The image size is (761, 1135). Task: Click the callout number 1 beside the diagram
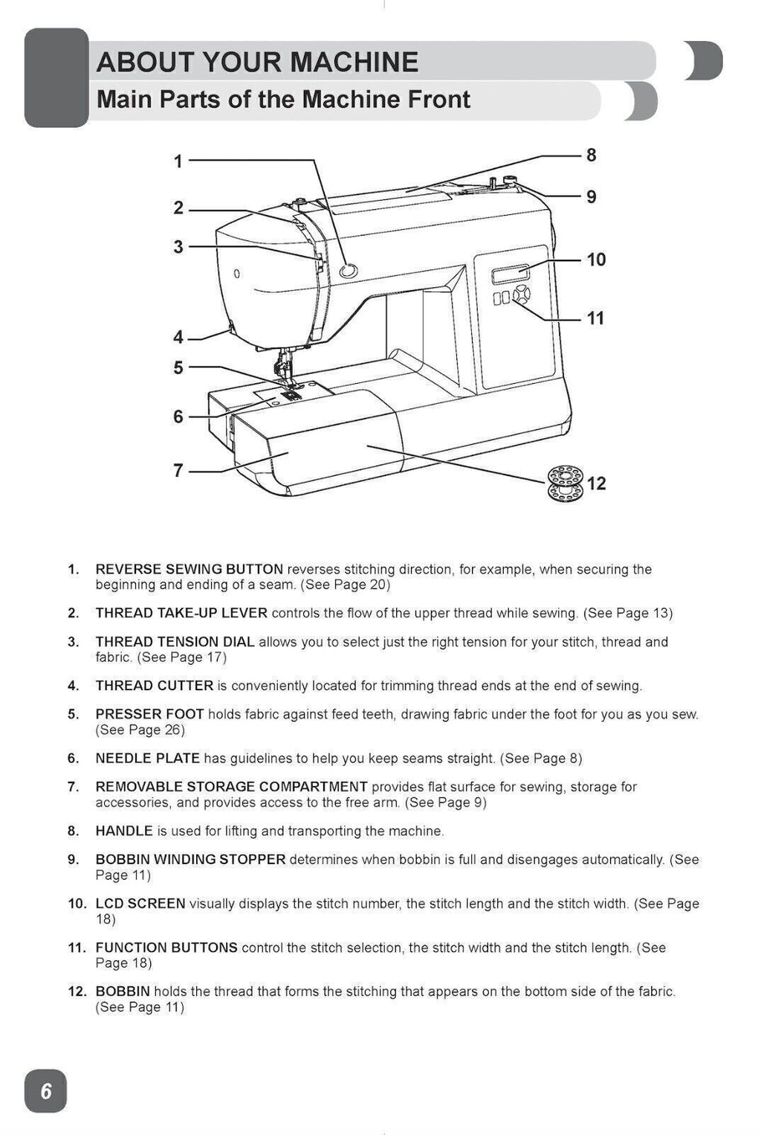(178, 161)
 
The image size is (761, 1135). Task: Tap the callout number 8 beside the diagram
(591, 155)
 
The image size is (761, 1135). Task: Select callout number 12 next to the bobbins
(596, 483)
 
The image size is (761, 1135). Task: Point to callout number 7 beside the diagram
(178, 471)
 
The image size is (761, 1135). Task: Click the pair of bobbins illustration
(565, 483)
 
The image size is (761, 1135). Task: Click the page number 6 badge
(46, 1091)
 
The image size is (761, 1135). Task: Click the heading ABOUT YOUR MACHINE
(257, 62)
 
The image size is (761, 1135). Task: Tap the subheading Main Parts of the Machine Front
(283, 100)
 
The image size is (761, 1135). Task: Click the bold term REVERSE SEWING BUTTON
(189, 570)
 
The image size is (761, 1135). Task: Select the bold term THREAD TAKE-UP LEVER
(181, 614)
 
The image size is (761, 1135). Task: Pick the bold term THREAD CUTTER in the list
(155, 686)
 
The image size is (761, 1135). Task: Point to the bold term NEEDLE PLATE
(147, 759)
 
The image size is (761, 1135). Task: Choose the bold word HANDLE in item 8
(124, 831)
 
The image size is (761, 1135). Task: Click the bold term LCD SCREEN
(140, 904)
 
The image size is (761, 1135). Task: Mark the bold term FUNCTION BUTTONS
(166, 948)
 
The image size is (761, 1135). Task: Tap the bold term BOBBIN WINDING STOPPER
(190, 860)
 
